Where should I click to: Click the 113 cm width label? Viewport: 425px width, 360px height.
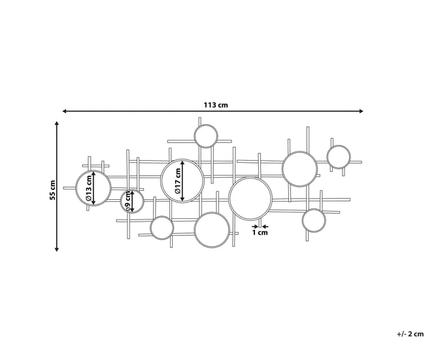pos(216,105)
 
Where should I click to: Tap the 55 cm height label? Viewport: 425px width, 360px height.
pos(52,190)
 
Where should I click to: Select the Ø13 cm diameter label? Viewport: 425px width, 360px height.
pos(89,188)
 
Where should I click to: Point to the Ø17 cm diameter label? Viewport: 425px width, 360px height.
pos(178,181)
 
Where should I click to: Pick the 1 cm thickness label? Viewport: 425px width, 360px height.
pos(260,233)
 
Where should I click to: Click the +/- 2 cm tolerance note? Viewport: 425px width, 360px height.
pos(411,334)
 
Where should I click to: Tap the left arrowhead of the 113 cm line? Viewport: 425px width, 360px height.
pos(65,111)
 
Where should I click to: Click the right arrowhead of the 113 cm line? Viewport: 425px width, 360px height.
pos(361,111)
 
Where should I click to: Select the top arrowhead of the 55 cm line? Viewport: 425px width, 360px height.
pos(57,123)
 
